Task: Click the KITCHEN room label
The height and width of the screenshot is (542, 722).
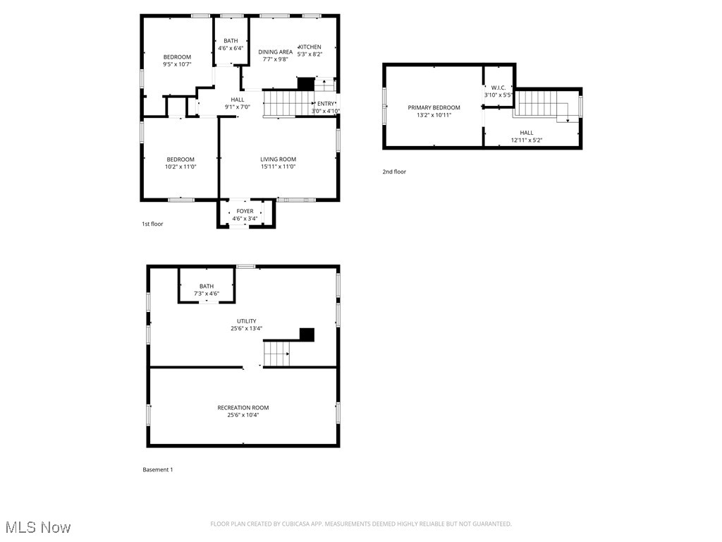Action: (310, 47)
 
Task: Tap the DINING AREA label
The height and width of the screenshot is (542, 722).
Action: (275, 52)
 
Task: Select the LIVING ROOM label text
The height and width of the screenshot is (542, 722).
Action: (278, 159)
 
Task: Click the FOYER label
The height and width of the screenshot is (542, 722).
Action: (245, 211)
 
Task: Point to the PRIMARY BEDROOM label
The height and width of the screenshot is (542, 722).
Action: (434, 107)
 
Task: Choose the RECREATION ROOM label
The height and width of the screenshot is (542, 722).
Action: (243, 407)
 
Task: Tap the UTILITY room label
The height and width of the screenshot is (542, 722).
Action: (247, 321)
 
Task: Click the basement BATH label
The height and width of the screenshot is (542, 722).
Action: (206, 286)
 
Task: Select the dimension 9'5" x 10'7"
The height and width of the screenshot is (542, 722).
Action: (177, 64)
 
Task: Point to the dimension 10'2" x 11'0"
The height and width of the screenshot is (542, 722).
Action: (180, 167)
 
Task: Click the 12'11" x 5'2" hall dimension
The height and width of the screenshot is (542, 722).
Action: (527, 140)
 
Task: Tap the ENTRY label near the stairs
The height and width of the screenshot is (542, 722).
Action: (326, 104)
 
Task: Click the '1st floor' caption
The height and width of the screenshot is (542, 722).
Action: (152, 224)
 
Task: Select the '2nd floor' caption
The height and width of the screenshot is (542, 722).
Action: (394, 171)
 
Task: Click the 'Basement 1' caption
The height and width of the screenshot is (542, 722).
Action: (157, 469)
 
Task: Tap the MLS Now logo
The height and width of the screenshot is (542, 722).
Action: (37, 527)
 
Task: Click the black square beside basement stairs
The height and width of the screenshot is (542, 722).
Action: (307, 335)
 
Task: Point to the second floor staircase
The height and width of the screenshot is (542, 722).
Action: (542, 104)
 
